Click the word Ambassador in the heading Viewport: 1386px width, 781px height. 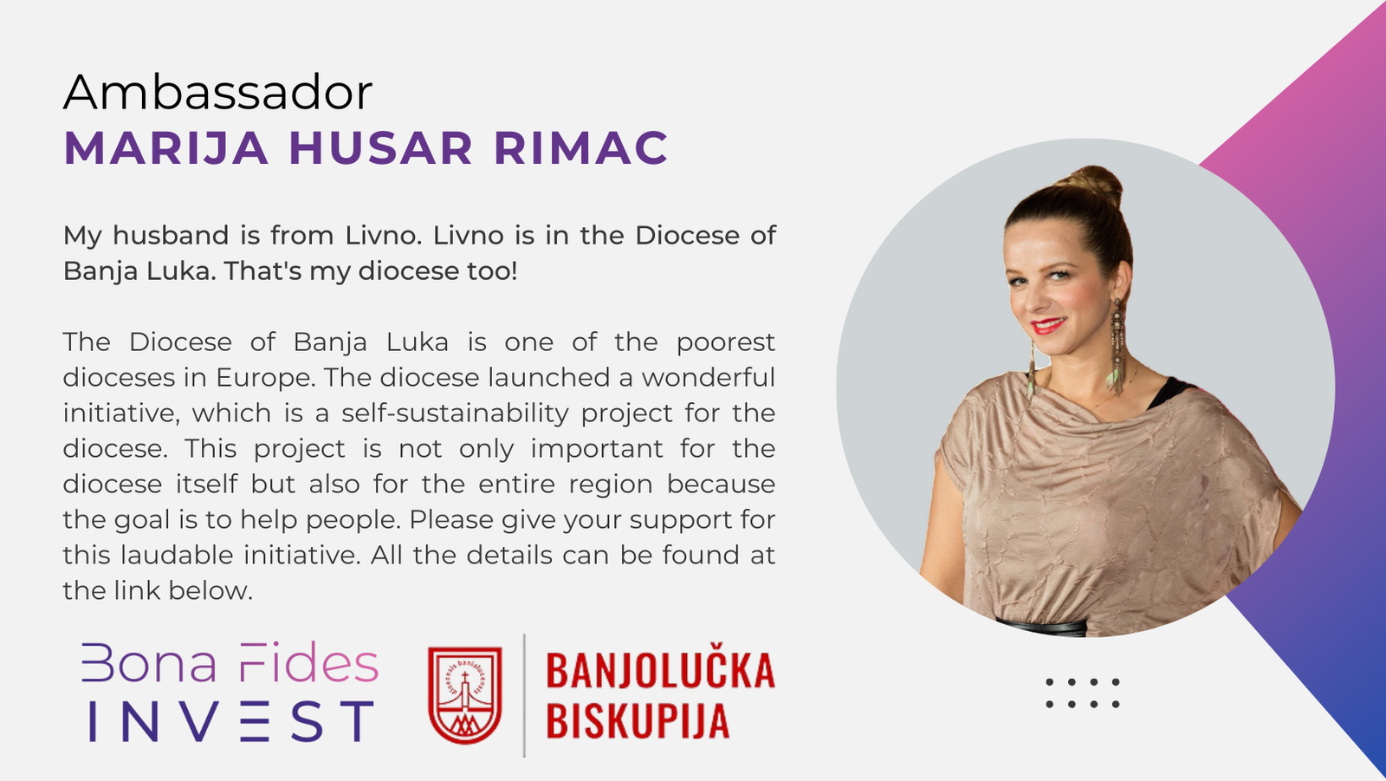[x=217, y=92]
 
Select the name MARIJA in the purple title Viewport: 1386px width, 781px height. [x=166, y=148]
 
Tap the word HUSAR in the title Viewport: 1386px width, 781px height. [x=381, y=148]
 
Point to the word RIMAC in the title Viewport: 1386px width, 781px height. [x=581, y=148]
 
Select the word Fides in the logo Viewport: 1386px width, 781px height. [x=308, y=663]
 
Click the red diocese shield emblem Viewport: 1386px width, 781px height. [x=464, y=695]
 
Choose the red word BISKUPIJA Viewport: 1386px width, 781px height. [x=638, y=719]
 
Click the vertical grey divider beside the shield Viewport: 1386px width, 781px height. [x=525, y=695]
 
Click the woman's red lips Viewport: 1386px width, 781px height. [x=1047, y=325]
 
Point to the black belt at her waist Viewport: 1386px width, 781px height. [x=1042, y=627]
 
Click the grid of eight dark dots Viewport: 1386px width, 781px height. [x=1083, y=693]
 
